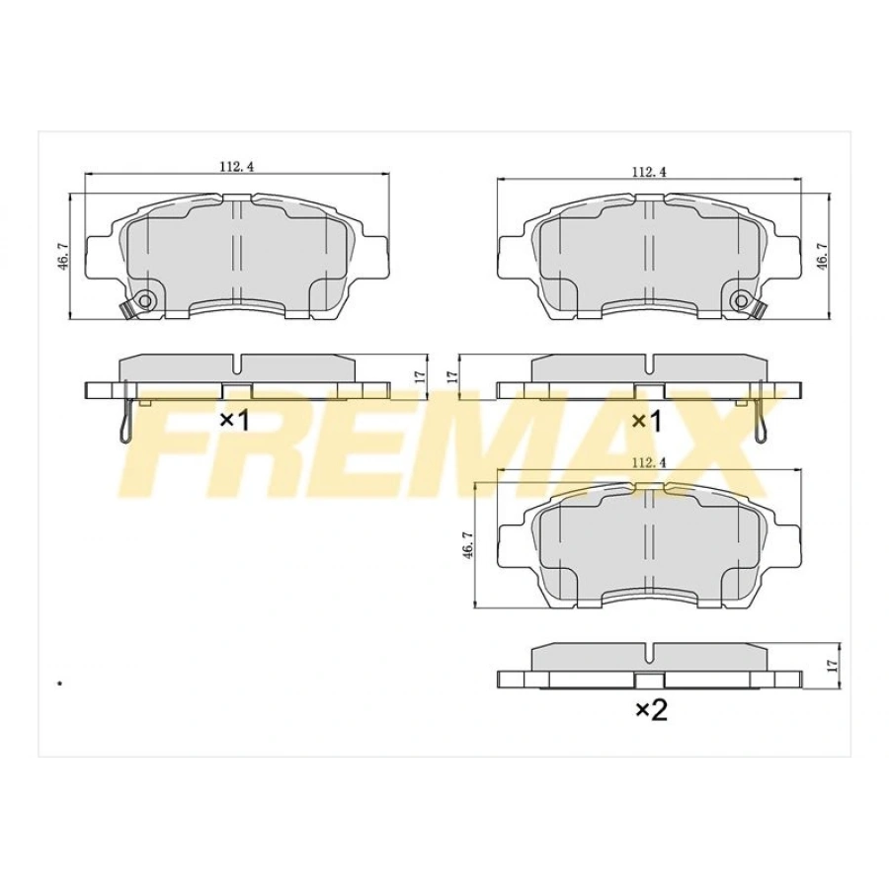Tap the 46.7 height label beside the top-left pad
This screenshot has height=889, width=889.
[63, 263]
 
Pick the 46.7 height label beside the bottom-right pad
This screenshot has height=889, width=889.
[469, 550]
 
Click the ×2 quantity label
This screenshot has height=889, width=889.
[651, 709]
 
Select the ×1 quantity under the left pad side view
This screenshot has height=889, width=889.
[234, 420]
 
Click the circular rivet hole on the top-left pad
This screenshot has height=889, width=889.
[146, 300]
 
